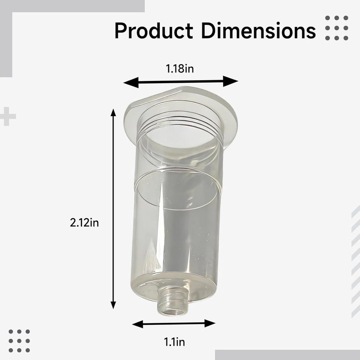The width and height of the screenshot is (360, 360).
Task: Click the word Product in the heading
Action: coord(153,31)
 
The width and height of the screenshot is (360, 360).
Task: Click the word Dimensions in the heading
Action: coord(258,31)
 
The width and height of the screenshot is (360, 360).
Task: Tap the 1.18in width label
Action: coord(180,69)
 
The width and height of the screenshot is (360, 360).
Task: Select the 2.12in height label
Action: coord(84,223)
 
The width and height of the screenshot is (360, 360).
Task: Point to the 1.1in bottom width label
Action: coord(174,342)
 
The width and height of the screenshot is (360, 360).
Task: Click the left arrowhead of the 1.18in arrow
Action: coord(131,82)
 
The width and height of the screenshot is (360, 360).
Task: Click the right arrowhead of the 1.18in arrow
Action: coord(230,81)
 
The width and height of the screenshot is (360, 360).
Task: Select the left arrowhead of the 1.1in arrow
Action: coord(138,324)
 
